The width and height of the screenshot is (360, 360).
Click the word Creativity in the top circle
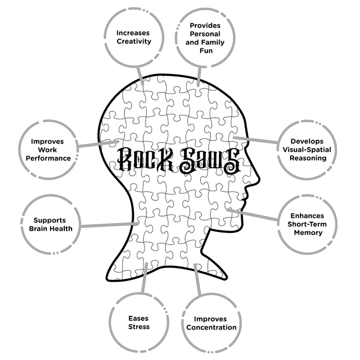[134, 41]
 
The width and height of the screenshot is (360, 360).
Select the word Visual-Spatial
[308, 149]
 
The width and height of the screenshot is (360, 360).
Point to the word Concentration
[211, 327]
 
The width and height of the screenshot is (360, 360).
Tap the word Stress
[139, 327]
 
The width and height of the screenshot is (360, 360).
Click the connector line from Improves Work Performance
[98, 146]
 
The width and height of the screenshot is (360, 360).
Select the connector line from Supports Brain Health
[108, 224]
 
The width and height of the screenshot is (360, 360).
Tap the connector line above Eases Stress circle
[144, 278]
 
